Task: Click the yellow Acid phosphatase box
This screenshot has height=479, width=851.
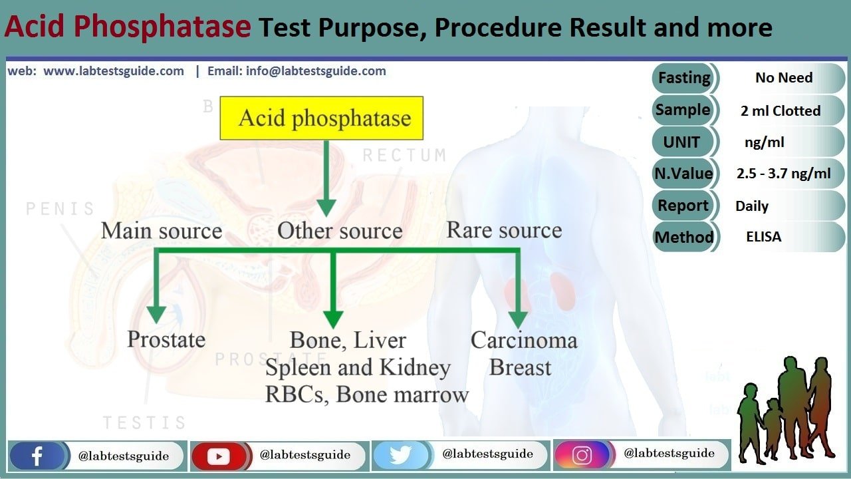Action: (x=321, y=118)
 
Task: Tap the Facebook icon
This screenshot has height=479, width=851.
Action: (x=37, y=456)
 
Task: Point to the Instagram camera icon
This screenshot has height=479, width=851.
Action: (x=582, y=454)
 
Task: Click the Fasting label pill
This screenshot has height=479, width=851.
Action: (x=684, y=79)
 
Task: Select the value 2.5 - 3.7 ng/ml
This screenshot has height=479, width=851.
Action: (x=783, y=174)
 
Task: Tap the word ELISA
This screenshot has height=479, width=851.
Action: (x=764, y=237)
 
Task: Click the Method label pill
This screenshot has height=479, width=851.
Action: (x=684, y=238)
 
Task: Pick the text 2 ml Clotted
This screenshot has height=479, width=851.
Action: (x=781, y=110)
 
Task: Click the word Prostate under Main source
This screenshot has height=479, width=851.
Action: (x=166, y=339)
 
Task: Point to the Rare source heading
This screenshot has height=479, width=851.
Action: (x=504, y=230)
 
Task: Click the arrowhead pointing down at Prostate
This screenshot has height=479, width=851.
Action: (x=156, y=315)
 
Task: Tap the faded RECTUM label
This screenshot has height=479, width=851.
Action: (x=405, y=155)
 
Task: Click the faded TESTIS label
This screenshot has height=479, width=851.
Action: (x=145, y=422)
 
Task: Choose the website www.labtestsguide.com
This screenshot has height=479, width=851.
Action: (x=114, y=71)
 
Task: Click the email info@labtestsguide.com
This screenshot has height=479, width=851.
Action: (x=316, y=71)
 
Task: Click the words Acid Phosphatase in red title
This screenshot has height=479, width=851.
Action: (x=128, y=27)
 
